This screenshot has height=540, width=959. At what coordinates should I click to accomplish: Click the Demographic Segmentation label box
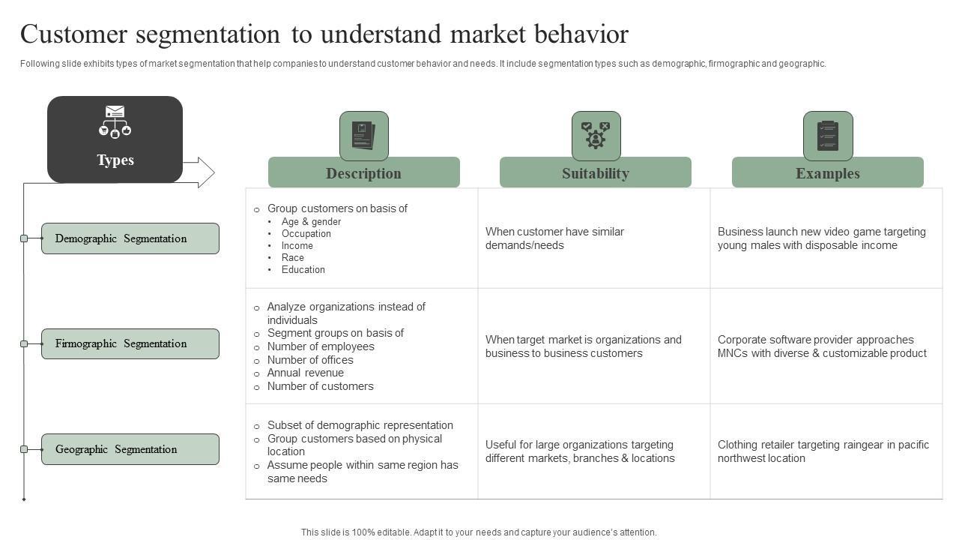(130, 238)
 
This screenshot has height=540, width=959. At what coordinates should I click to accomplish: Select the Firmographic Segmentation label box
(130, 343)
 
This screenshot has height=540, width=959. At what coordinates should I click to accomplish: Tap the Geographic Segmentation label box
(130, 449)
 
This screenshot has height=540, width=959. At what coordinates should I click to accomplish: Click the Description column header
(363, 173)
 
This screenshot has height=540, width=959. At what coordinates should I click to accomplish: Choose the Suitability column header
(596, 173)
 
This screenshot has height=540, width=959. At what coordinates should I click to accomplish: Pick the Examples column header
(827, 173)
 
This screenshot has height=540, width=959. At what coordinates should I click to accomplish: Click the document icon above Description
(364, 136)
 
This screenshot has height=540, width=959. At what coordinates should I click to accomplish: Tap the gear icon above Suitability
(596, 136)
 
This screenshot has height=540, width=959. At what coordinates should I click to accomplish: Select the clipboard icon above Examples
(828, 136)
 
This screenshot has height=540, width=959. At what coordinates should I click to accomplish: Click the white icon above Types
(115, 121)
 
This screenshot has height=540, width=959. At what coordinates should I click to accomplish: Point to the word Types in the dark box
(115, 160)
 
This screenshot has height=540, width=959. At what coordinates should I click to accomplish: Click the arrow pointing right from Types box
(199, 172)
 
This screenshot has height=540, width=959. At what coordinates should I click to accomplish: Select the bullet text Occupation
(306, 234)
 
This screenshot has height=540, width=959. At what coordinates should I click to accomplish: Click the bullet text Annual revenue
(306, 373)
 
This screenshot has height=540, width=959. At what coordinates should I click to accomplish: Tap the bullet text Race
(293, 258)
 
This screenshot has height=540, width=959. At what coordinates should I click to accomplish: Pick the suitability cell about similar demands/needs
(554, 238)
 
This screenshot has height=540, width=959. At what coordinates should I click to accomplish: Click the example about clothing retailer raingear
(823, 451)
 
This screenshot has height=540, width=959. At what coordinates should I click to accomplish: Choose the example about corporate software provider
(822, 346)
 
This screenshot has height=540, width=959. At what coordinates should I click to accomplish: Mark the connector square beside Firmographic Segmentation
(24, 343)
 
